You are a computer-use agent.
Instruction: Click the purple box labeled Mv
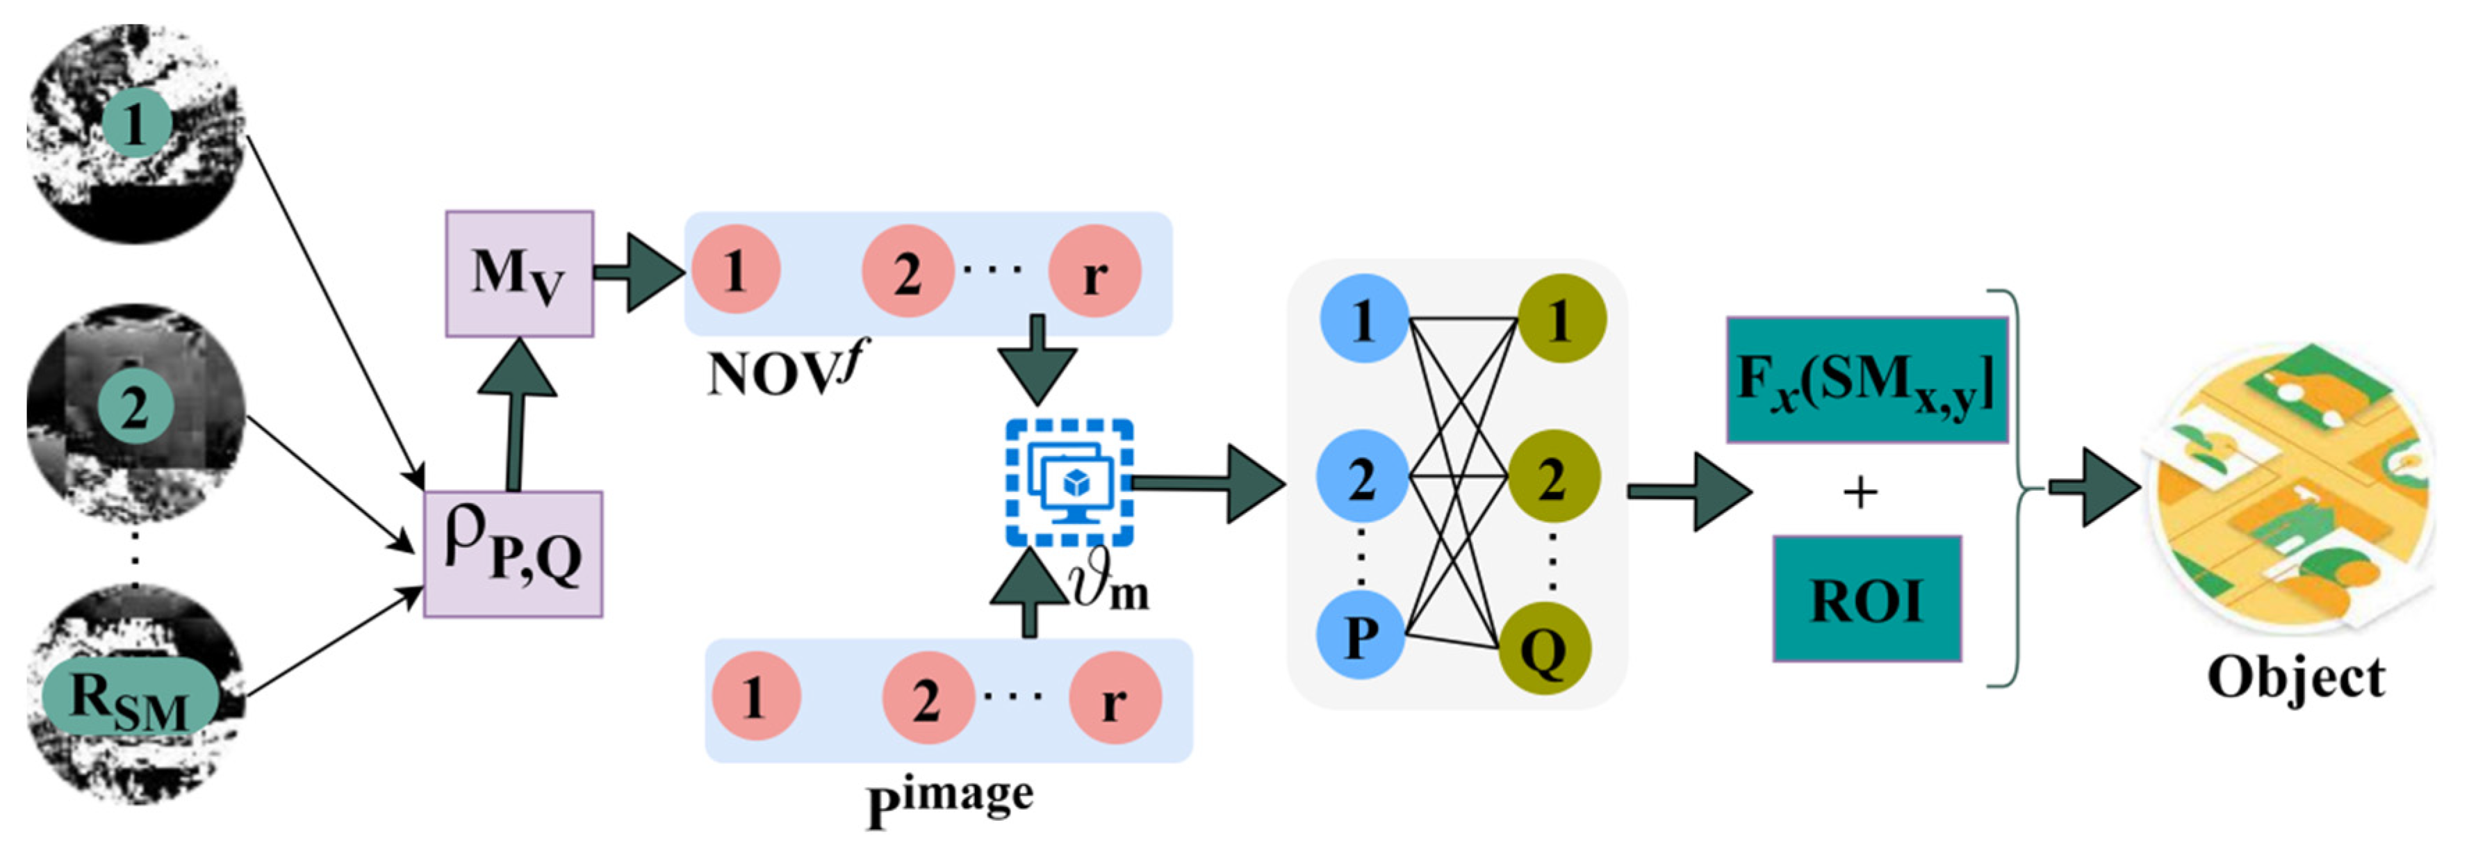click(518, 274)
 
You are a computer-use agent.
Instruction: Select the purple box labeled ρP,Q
click(513, 554)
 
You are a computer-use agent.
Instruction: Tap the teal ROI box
click(1866, 599)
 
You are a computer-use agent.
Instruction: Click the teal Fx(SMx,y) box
click(1866, 379)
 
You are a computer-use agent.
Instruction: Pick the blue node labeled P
click(1361, 635)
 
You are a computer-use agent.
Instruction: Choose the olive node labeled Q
click(1544, 650)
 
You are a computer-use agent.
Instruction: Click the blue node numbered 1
click(1363, 318)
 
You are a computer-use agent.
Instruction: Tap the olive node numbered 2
click(1552, 476)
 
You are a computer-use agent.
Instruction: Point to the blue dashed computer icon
click(1069, 483)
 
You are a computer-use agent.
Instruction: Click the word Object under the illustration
click(2295, 678)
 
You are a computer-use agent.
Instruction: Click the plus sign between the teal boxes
click(1860, 493)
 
